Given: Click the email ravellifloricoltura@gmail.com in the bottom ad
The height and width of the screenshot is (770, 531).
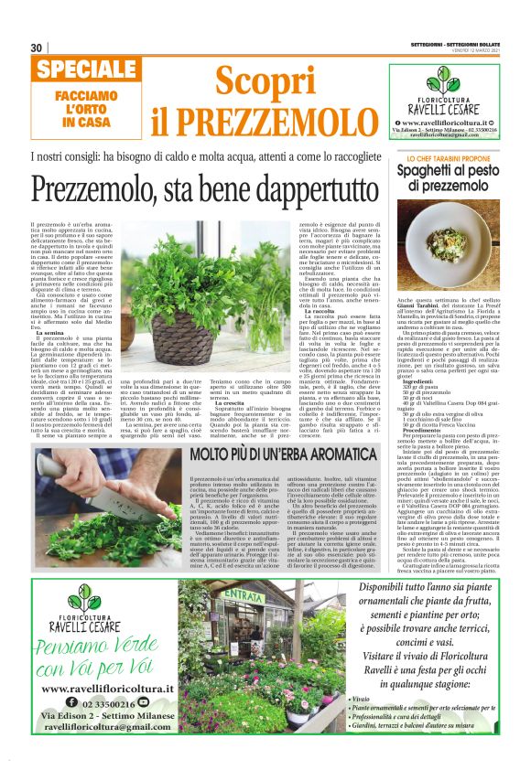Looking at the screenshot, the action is tap(95, 733).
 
